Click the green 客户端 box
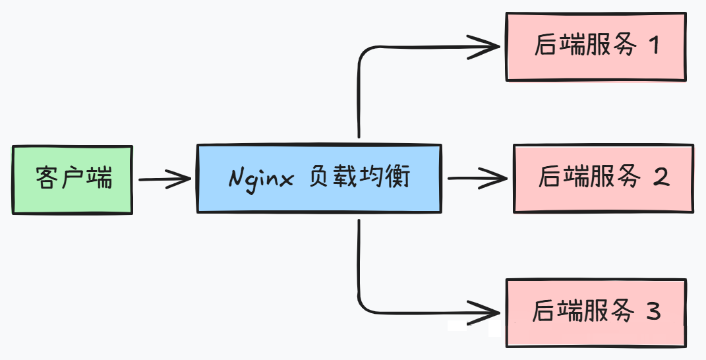(x=73, y=179)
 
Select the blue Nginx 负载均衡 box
(x=319, y=179)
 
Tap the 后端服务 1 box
(x=596, y=47)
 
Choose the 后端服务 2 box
(x=603, y=179)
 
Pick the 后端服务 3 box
(x=596, y=313)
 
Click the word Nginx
(x=261, y=179)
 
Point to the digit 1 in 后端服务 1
(x=654, y=45)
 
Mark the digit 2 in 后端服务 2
(x=661, y=177)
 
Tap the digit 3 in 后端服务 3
(x=653, y=311)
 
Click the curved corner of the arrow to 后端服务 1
(x=363, y=53)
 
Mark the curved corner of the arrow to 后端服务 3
(x=363, y=305)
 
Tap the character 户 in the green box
(x=73, y=179)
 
